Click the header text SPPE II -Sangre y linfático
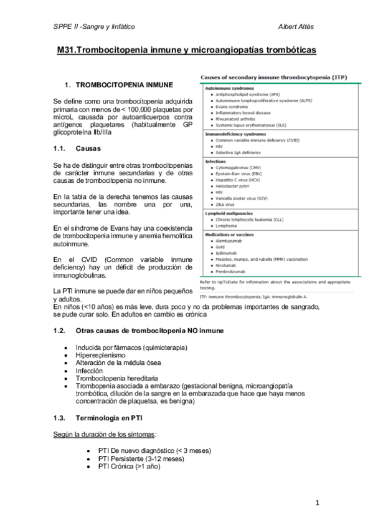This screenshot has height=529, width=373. [94, 27]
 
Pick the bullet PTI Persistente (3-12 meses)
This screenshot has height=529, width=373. [141, 459]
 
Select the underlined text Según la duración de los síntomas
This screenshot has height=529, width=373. [105, 434]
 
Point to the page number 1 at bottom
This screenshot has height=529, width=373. [317, 503]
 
